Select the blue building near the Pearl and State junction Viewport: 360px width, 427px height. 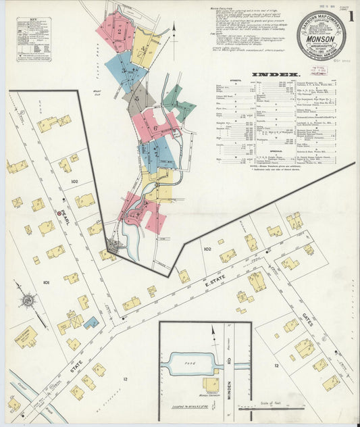92,322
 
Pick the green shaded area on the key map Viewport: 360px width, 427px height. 178,102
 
